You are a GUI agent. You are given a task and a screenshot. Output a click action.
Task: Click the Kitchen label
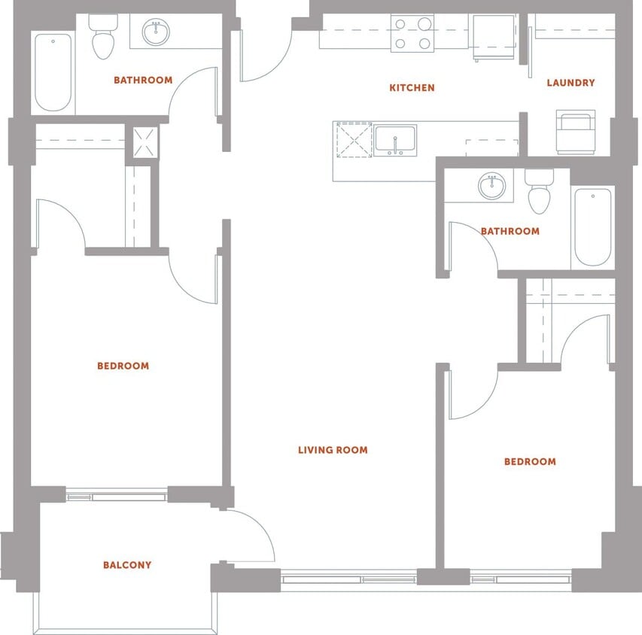(x=412, y=88)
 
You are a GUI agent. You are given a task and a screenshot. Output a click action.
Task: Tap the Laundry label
(x=570, y=83)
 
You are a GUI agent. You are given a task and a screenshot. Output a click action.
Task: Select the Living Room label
(x=333, y=450)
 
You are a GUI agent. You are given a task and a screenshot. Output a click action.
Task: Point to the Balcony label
(x=127, y=565)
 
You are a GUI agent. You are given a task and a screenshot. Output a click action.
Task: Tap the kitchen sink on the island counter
(x=395, y=140)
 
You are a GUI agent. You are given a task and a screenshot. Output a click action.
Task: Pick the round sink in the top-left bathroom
(x=157, y=32)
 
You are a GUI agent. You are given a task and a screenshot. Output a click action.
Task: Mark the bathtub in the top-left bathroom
(x=53, y=71)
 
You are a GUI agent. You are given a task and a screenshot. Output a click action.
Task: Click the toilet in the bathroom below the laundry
(x=539, y=193)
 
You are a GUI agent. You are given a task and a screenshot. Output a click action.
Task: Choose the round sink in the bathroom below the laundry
(x=492, y=186)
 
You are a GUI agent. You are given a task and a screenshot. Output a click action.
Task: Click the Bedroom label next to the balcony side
(x=123, y=366)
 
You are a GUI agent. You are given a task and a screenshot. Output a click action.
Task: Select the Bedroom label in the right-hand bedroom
(x=530, y=461)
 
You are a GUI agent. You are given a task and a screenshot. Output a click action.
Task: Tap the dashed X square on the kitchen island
(x=354, y=140)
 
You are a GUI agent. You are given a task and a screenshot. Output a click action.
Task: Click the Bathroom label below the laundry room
(x=510, y=231)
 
